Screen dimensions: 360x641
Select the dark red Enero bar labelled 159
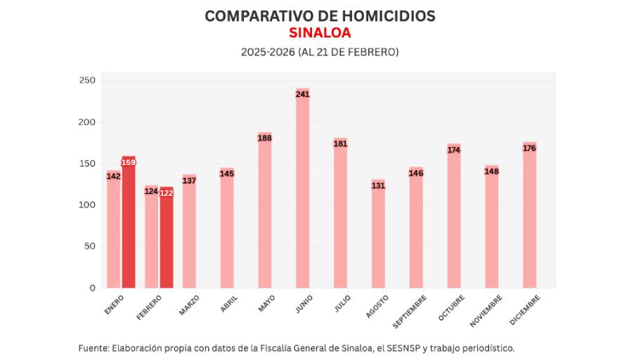pos(129,222)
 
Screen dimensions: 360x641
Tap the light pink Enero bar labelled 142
pos(113,229)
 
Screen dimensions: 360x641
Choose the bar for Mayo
pos(265,210)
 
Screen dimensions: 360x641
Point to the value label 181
pos(341,143)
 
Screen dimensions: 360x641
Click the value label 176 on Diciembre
pos(530,148)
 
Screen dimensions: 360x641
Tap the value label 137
pos(189,180)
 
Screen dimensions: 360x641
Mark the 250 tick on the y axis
pos(87,81)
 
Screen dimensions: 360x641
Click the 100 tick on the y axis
pos(87,205)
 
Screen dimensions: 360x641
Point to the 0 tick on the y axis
pos(92,288)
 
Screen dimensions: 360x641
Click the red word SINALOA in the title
pos(320,33)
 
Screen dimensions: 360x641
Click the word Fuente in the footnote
pos(93,348)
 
